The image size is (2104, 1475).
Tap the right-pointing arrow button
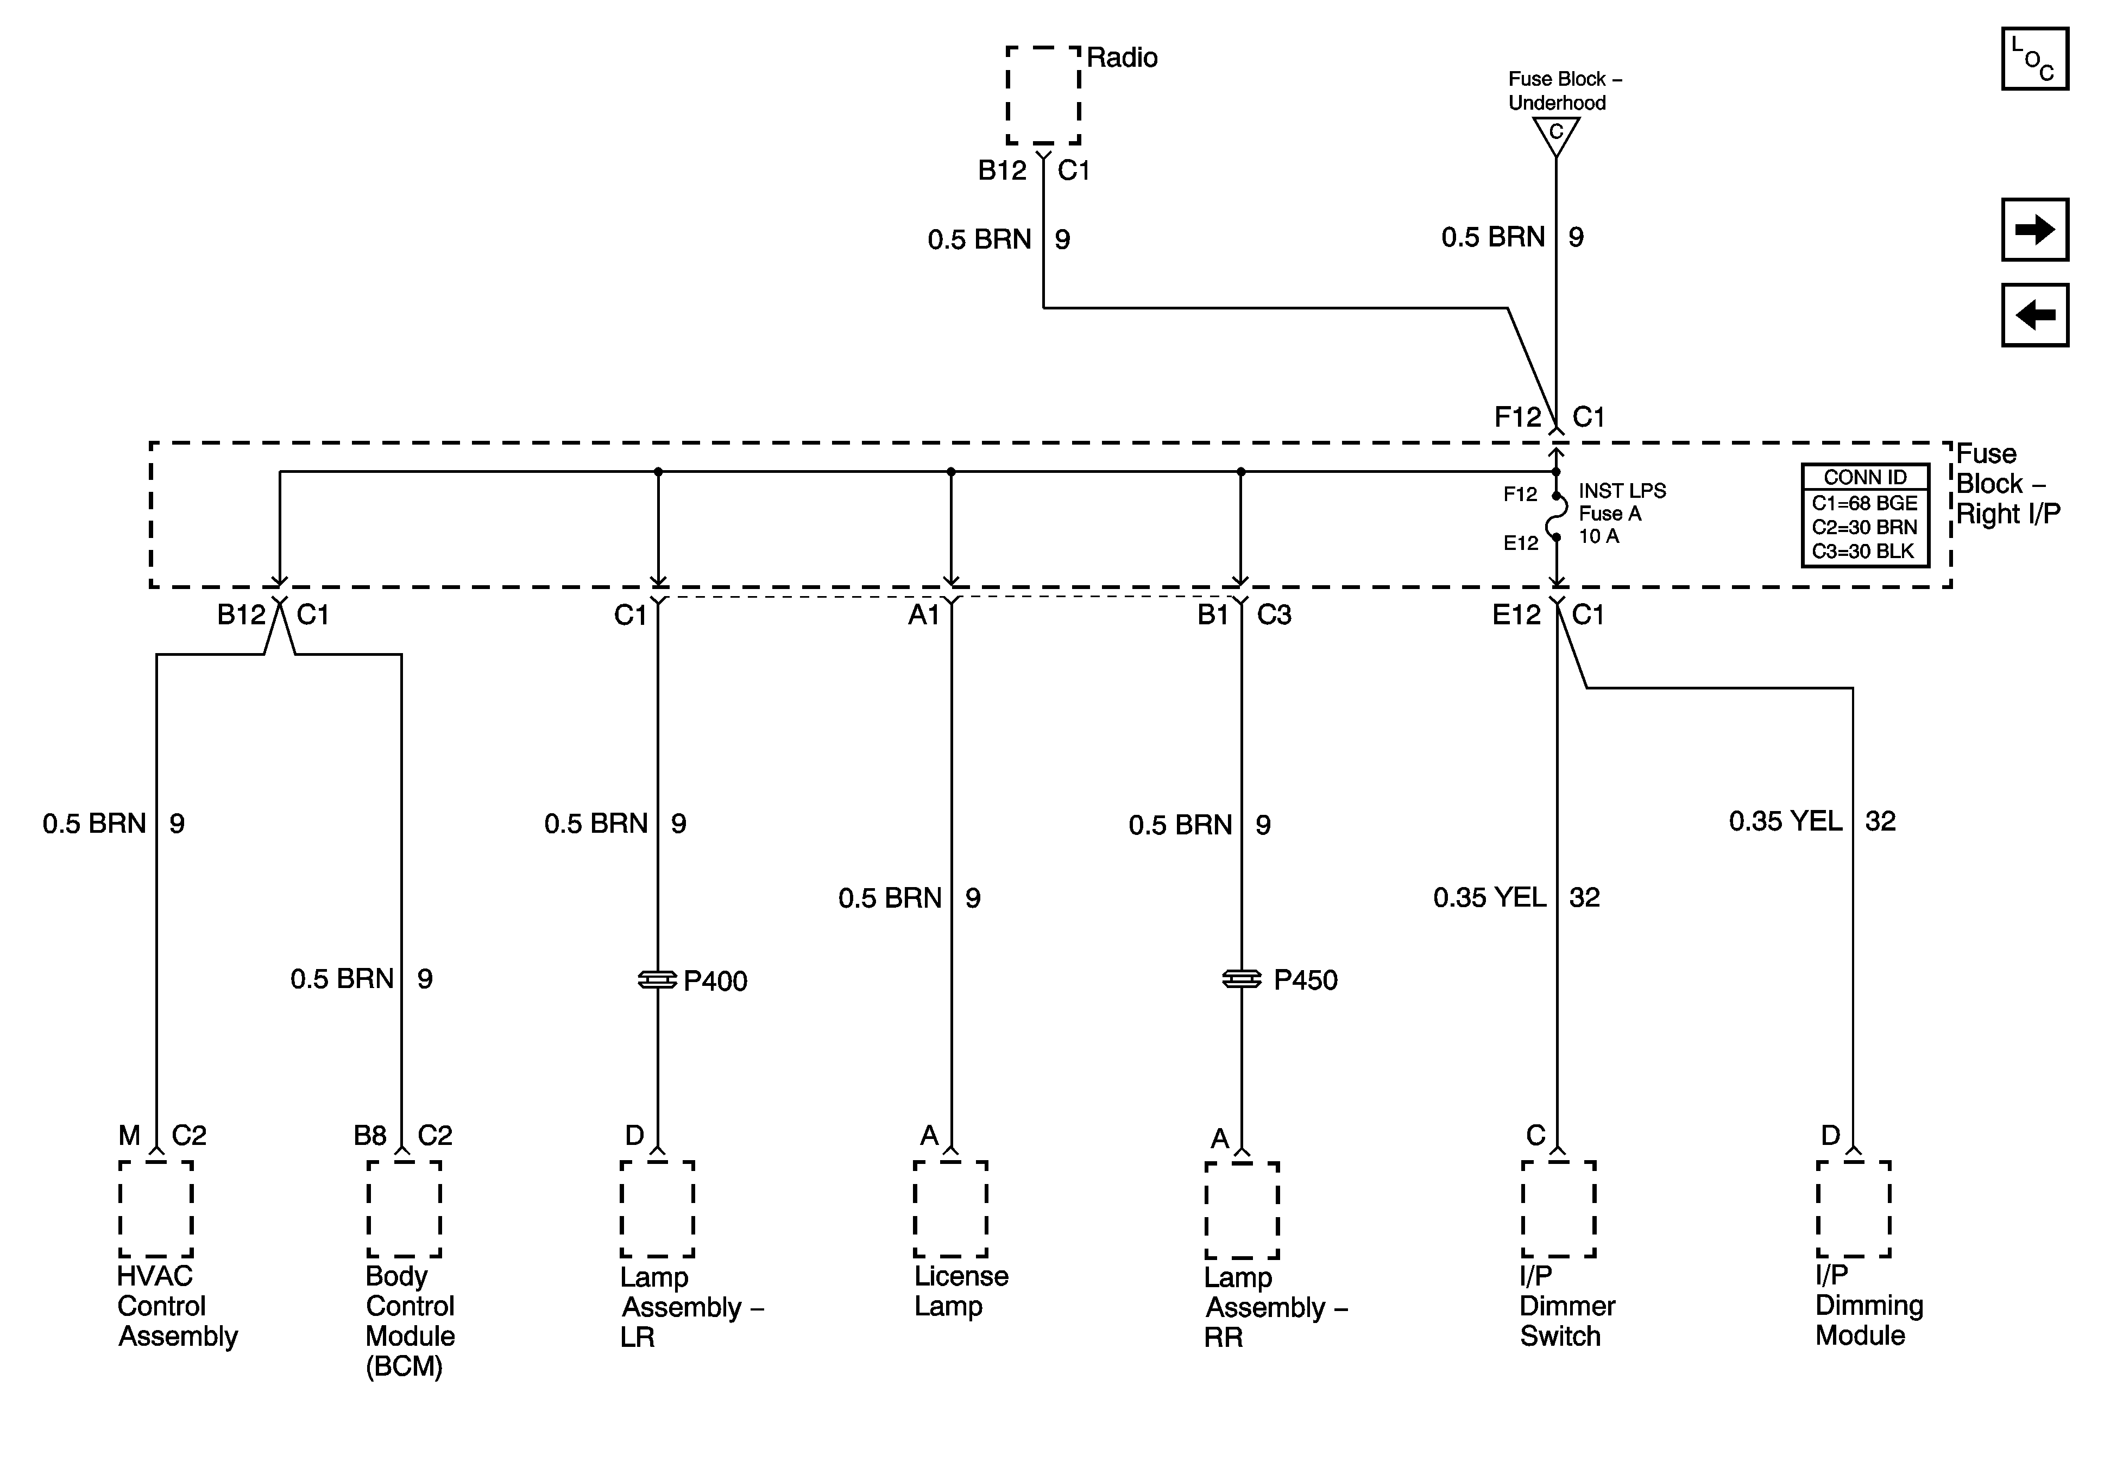2034,229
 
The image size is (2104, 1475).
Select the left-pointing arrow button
2034,315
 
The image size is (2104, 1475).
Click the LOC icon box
2034,59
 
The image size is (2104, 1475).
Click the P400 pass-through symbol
657,980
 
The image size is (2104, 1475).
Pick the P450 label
1305,980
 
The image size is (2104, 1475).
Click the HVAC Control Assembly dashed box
156,1210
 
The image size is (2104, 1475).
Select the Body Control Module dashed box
404,1210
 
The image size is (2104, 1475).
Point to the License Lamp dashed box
950,1210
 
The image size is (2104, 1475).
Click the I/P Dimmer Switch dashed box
1559,1210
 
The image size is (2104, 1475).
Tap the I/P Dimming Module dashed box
1853,1210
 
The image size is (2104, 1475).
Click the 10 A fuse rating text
1598,536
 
